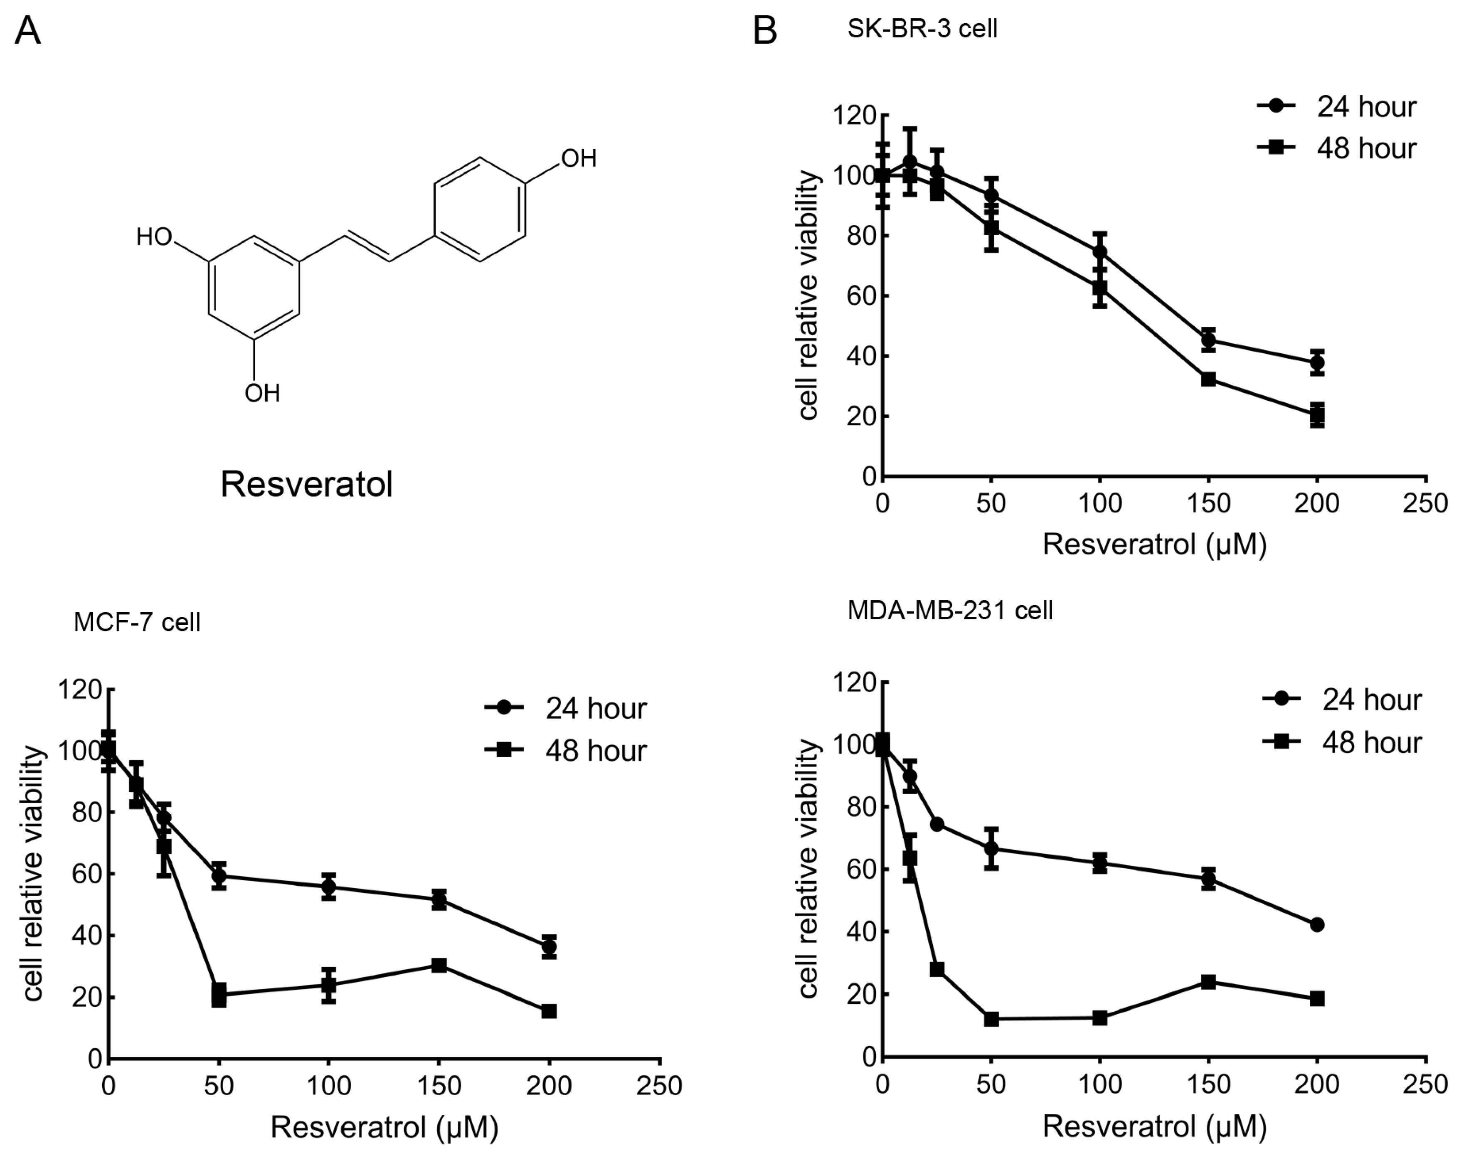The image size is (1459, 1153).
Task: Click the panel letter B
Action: pos(764,31)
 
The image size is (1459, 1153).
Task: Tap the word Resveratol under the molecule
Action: pos(306,484)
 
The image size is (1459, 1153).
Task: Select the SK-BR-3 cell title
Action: pos(922,29)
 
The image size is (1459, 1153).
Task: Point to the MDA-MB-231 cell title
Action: pos(950,610)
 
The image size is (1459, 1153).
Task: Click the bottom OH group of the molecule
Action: pos(262,393)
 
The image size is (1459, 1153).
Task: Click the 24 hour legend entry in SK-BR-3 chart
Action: pos(1337,107)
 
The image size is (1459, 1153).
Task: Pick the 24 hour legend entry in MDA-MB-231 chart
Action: pos(1342,700)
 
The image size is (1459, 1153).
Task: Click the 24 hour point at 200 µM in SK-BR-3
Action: pos(1316,362)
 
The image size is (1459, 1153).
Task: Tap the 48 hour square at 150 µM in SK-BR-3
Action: pos(1208,379)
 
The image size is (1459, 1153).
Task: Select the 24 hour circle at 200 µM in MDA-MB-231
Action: pos(1316,924)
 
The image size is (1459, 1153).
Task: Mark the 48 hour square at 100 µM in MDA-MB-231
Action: pos(1100,1017)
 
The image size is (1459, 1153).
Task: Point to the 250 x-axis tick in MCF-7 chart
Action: pos(660,1086)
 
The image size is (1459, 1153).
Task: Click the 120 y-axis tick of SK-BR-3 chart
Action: pos(853,116)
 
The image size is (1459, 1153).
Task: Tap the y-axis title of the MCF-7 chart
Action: pos(34,874)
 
